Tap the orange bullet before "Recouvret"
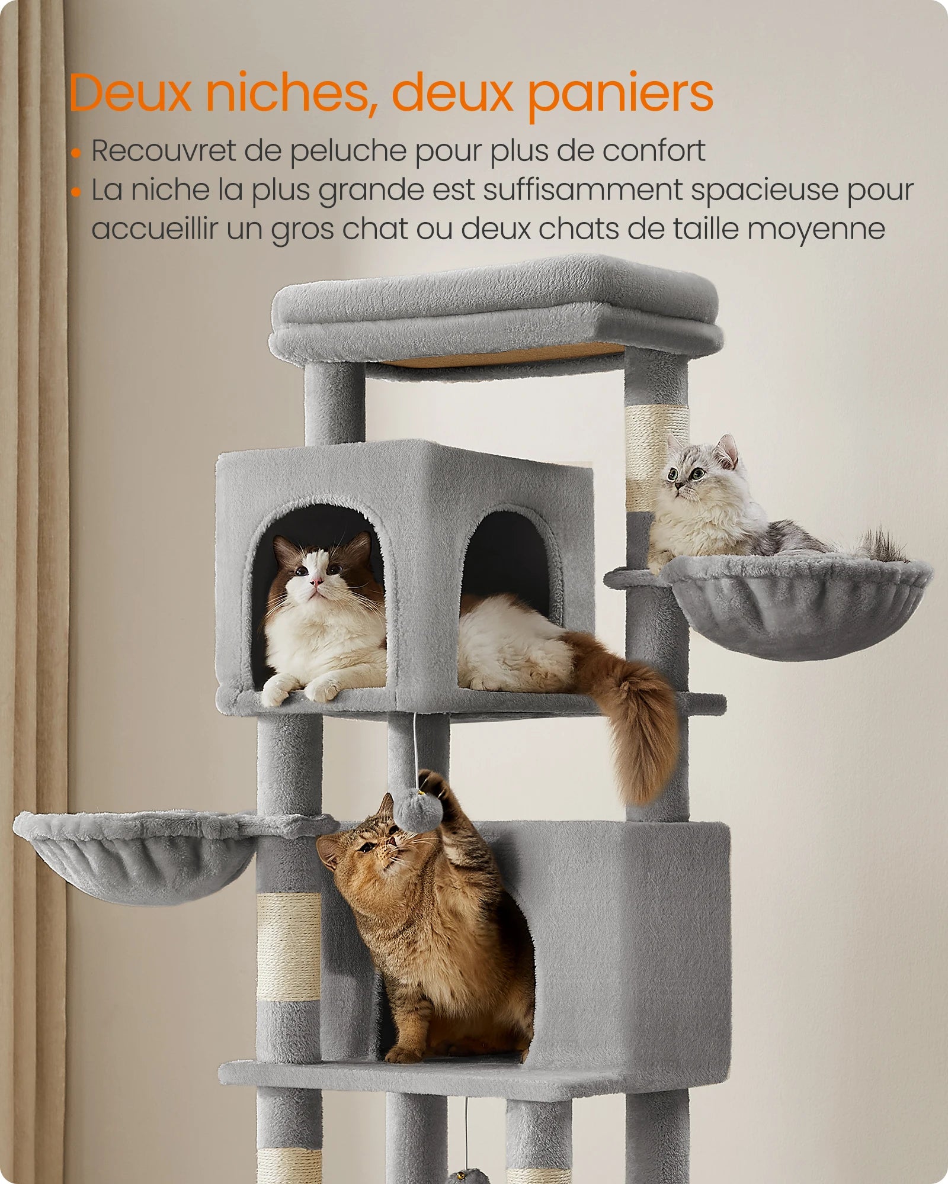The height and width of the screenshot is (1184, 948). pyautogui.click(x=75, y=153)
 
